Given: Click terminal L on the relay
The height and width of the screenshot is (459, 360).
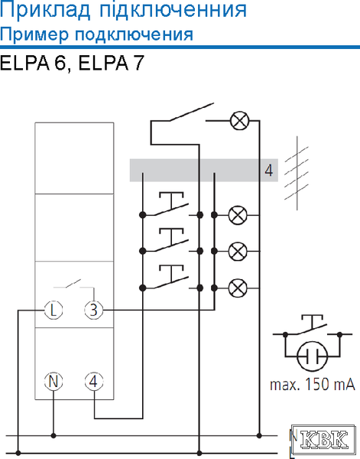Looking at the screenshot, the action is (x=54, y=310).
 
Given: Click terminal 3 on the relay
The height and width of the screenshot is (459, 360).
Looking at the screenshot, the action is (x=93, y=310).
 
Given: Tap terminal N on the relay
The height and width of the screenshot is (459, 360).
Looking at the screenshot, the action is (x=54, y=382).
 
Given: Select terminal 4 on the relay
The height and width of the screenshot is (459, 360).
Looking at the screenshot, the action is (x=93, y=382).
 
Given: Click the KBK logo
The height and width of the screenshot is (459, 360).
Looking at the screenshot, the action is (x=324, y=440).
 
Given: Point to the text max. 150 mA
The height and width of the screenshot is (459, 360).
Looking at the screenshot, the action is (x=313, y=384).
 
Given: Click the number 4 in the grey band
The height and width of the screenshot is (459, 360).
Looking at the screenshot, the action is (x=268, y=171).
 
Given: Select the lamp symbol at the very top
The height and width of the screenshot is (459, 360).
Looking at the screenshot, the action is (x=239, y=120).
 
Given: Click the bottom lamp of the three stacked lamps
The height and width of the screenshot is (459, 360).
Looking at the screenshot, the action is (x=238, y=288).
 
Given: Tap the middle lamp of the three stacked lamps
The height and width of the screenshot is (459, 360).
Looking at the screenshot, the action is (x=238, y=251).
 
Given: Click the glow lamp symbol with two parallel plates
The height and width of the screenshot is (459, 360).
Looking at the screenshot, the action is (x=312, y=356).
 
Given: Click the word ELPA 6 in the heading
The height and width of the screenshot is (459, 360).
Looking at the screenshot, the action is (x=32, y=63).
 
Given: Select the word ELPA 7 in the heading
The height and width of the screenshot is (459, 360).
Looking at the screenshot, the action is (x=112, y=63).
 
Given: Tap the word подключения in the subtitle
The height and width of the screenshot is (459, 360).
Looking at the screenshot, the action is (x=134, y=35).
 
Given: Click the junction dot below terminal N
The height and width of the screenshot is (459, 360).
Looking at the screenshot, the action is (x=54, y=435).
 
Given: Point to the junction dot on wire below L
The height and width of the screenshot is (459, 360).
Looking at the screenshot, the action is (x=18, y=453).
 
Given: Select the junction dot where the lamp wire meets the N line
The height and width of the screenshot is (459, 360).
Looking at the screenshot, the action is (x=259, y=435).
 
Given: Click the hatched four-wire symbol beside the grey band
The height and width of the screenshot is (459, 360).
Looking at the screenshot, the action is (x=297, y=173).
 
